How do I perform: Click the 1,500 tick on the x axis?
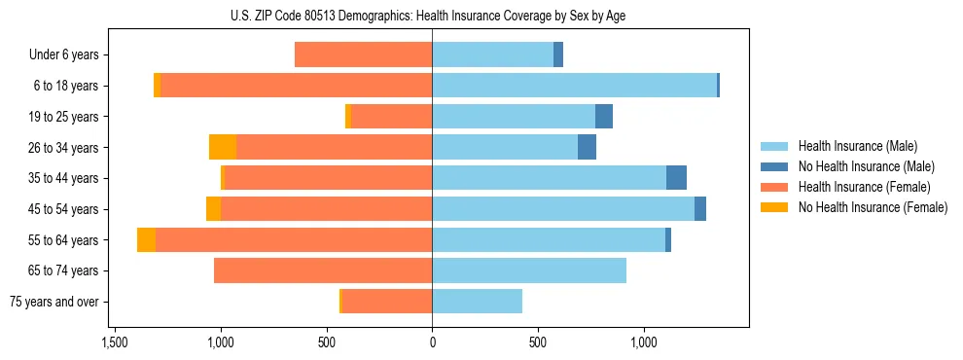[x=115, y=343]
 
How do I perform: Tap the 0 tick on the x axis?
[x=432, y=343]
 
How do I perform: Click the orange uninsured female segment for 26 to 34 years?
[x=223, y=147]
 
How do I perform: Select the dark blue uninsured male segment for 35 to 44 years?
[x=676, y=178]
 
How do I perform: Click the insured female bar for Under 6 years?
[x=363, y=55]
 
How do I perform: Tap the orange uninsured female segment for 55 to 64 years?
[x=146, y=239]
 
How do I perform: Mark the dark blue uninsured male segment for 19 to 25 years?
[x=604, y=117]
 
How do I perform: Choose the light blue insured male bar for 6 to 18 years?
[x=574, y=86]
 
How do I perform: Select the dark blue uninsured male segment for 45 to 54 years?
[x=700, y=209]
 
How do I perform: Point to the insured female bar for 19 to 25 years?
[x=391, y=117]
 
